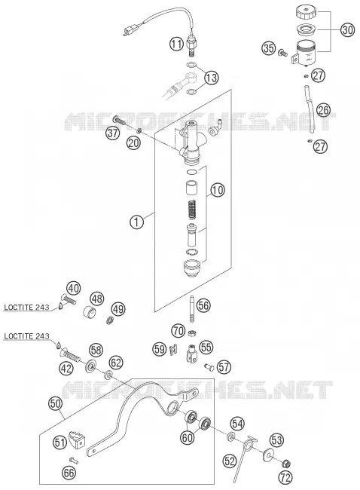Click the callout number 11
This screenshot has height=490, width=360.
(x=177, y=44)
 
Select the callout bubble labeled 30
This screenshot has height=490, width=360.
(x=347, y=30)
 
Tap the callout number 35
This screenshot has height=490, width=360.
(x=269, y=48)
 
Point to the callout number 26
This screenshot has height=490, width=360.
(x=323, y=110)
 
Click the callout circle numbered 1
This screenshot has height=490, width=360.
(x=136, y=222)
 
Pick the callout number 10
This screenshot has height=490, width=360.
(x=218, y=190)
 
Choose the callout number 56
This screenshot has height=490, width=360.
(x=203, y=305)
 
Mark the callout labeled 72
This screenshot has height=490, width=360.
(x=285, y=477)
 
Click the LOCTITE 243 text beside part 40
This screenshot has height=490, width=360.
(x=26, y=307)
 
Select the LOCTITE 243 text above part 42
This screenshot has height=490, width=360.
(x=26, y=336)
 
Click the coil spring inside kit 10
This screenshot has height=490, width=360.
(x=192, y=210)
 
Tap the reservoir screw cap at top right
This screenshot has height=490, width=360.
(x=306, y=13)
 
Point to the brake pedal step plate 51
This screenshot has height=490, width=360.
(x=77, y=439)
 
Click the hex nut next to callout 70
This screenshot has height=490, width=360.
(x=192, y=333)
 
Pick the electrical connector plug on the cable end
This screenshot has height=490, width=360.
(x=127, y=32)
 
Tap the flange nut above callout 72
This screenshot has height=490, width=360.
(x=285, y=464)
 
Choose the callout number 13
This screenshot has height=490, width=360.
(x=212, y=78)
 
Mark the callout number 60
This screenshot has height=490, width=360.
(x=188, y=437)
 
